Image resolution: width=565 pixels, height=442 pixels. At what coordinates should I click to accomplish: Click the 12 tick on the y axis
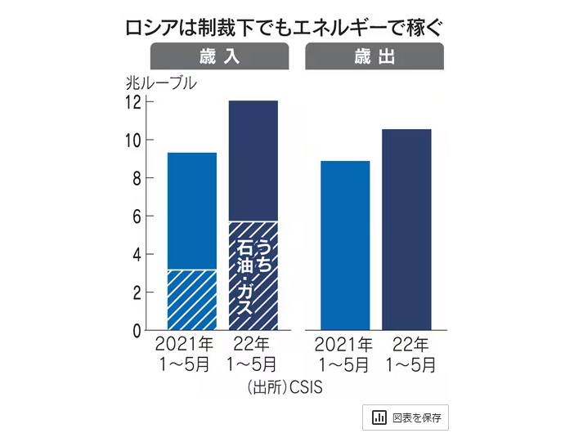pos(132,102)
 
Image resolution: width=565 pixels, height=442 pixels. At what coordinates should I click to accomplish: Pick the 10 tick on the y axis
pos(132,141)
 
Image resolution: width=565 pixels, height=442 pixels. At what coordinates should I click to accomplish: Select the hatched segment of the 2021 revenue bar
pos(192,300)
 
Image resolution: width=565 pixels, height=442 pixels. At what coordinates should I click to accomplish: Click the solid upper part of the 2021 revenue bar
pos(192,211)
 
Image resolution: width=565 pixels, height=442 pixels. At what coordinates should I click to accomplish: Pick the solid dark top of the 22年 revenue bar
pos(253,160)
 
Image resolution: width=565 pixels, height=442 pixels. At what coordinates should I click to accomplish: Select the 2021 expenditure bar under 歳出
pos(345,245)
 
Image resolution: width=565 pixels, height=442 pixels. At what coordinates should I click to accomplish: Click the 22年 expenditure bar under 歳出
pos(406,230)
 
